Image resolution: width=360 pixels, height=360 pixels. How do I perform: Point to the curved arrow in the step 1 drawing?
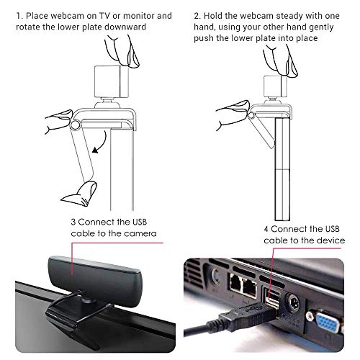[x=103, y=143]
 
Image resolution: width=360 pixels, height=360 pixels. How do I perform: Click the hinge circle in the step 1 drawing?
[x=75, y=125]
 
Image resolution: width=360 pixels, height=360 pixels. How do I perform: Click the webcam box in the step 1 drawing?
[x=112, y=81]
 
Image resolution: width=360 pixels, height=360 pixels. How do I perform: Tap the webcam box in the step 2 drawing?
[x=275, y=86]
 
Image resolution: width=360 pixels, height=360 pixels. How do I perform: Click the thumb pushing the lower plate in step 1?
[x=81, y=194]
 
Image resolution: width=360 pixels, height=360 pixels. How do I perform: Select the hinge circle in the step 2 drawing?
[x=251, y=115]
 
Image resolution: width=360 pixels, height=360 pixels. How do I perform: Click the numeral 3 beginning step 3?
[x=73, y=222]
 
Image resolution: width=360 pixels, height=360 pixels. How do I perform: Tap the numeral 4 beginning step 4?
[x=266, y=229]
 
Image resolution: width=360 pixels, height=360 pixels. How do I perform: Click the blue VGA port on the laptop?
[x=327, y=323]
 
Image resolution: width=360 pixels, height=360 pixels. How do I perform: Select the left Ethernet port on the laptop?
[x=235, y=283]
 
